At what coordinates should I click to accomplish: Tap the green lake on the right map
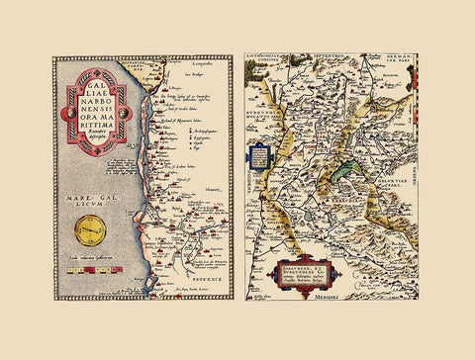click(x=346, y=176)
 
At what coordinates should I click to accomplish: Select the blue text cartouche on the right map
click(x=259, y=157)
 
